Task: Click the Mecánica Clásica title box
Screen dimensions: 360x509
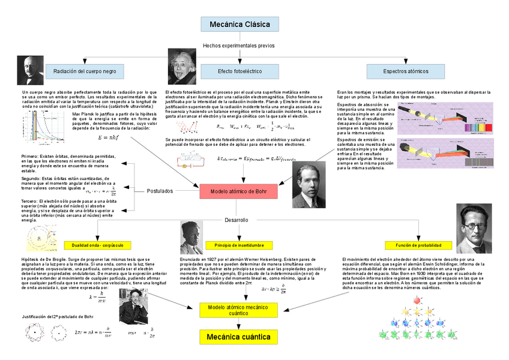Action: pos(239,24)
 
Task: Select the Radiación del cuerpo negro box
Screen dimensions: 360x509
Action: pos(85,71)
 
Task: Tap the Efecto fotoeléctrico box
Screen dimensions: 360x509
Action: pos(239,71)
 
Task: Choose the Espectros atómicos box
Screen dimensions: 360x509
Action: pos(406,71)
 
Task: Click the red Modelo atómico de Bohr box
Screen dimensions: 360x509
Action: pos(239,191)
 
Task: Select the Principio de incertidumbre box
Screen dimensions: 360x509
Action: pos(239,245)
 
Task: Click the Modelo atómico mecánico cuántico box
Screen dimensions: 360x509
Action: pos(239,310)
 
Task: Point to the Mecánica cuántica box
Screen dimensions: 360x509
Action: pos(239,337)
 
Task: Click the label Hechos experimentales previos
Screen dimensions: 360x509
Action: pos(239,46)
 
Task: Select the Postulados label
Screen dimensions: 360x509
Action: pos(160,191)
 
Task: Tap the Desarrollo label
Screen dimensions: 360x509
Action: pos(236,220)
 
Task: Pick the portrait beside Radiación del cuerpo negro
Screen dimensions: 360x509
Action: pos(27,71)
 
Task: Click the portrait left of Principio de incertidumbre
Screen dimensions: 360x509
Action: pos(191,238)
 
